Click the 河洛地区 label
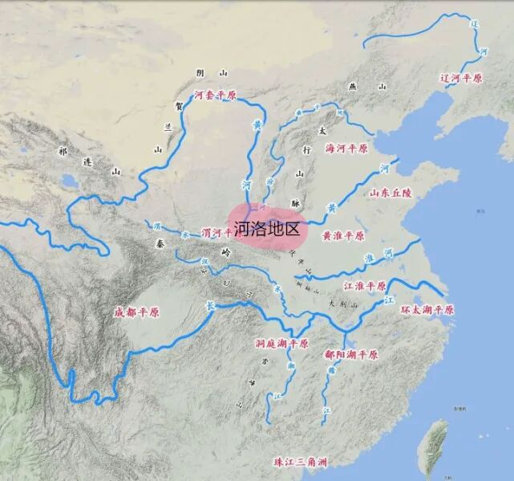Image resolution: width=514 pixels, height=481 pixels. point(267,229)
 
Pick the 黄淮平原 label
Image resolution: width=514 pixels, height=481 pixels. point(343,236)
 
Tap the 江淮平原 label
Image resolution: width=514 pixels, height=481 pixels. point(365,286)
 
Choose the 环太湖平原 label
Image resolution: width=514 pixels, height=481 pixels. point(427,309)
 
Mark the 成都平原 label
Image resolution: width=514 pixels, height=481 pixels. point(138,312)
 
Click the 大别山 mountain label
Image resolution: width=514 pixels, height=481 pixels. point(344,304)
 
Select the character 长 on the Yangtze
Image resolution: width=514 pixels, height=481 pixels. point(210,306)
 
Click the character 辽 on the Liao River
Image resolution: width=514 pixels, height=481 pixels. point(474,24)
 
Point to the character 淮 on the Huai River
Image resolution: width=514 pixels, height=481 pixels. point(370,259)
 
